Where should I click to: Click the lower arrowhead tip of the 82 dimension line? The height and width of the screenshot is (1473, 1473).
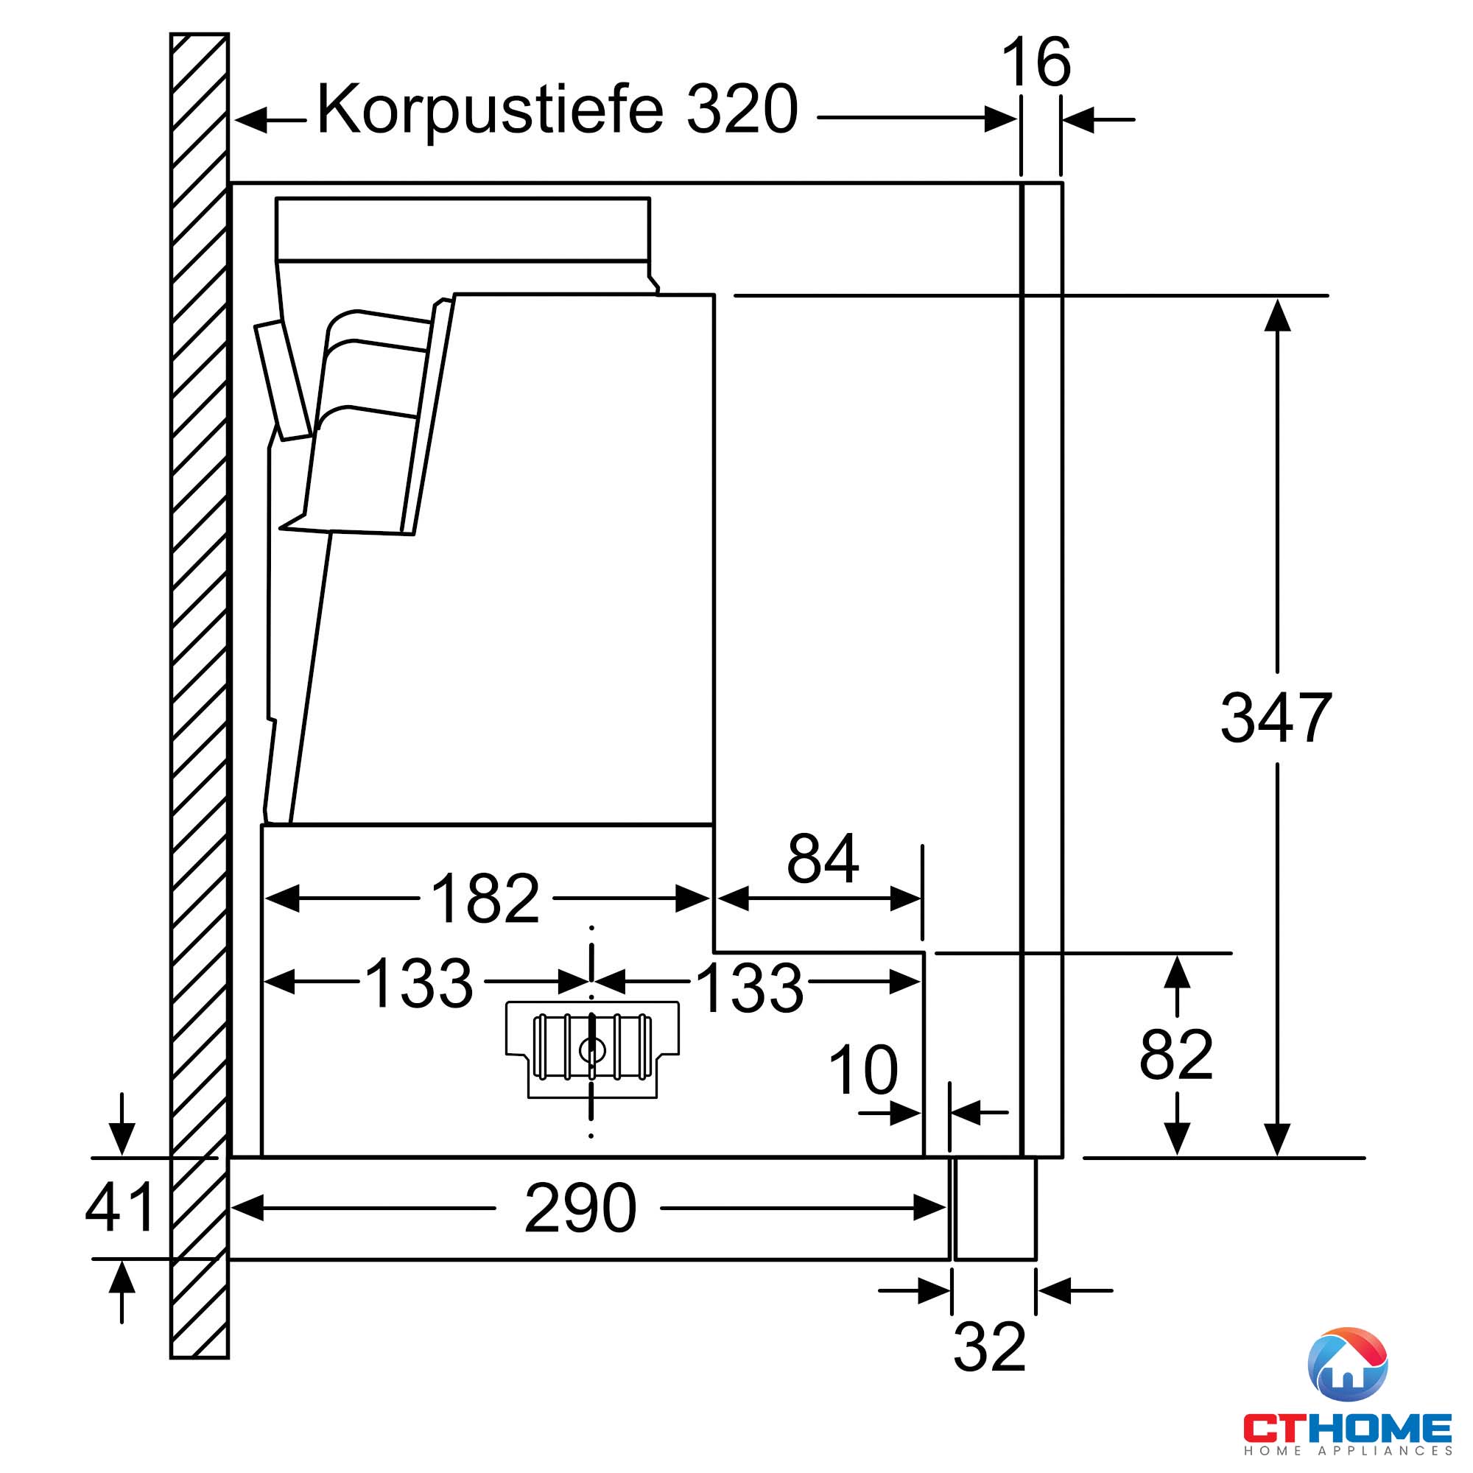tap(1177, 1156)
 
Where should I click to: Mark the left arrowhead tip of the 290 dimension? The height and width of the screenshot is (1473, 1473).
tap(231, 1208)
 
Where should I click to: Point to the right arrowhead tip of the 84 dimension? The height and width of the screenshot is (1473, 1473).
tap(922, 899)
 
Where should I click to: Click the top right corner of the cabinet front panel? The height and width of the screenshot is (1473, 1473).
tap(1062, 183)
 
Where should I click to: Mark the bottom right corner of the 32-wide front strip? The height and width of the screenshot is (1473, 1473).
tap(1036, 1259)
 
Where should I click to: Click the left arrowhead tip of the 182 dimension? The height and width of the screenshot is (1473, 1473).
tap(264, 899)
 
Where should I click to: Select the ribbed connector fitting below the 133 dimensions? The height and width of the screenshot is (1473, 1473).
tap(592, 1049)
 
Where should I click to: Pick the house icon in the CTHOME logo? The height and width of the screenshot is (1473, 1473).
tap(1347, 1365)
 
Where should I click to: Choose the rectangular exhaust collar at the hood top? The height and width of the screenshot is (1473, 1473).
tap(463, 230)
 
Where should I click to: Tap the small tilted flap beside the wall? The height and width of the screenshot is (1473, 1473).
tap(283, 381)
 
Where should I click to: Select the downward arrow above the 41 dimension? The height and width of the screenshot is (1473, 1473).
tap(122, 1124)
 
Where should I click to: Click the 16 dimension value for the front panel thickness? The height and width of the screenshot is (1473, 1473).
tap(1036, 62)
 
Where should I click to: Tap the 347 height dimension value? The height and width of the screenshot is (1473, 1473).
tap(1276, 717)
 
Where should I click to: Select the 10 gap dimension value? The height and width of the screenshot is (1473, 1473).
tap(863, 1069)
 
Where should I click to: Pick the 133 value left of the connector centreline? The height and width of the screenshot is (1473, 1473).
tap(419, 982)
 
